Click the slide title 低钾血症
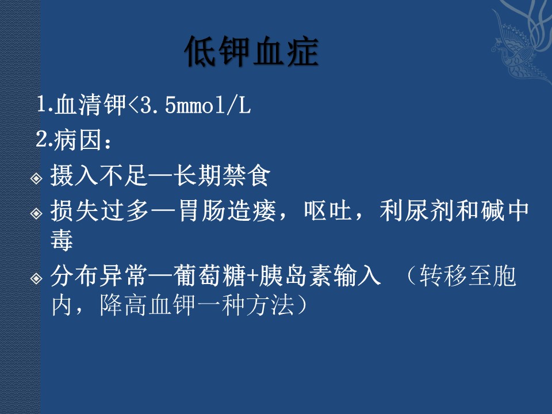(x=252, y=51)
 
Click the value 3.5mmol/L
(x=195, y=105)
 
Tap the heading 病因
(x=78, y=140)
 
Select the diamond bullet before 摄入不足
(x=36, y=178)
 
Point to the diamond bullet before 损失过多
(x=36, y=213)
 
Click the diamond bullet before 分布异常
(x=36, y=278)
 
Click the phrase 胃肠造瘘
(x=228, y=210)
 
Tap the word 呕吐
(x=328, y=210)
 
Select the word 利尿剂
(x=417, y=210)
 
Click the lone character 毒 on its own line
(x=62, y=240)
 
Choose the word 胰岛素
(x=295, y=275)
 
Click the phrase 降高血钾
(x=147, y=305)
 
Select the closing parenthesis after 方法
(x=302, y=305)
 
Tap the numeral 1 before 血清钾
(x=42, y=104)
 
